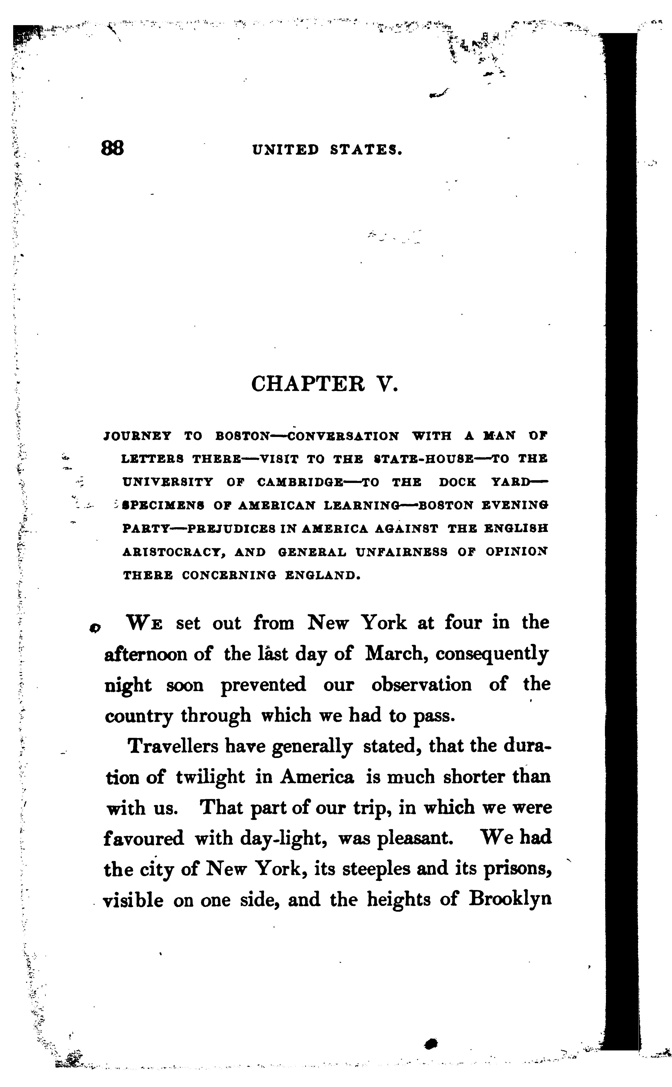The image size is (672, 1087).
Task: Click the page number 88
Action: pos(113,148)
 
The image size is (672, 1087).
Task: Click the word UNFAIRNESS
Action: pos(401,552)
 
